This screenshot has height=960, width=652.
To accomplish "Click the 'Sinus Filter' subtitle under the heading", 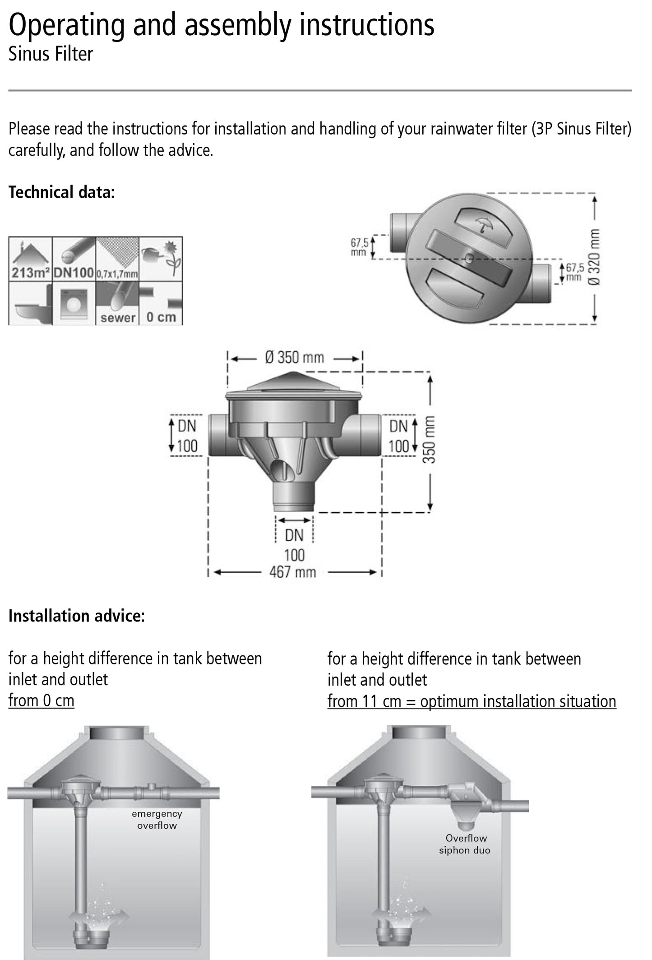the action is pyautogui.click(x=51, y=54).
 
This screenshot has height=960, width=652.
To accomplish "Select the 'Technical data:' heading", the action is pyautogui.click(x=62, y=192).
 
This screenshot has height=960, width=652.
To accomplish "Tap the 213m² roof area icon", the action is pyautogui.click(x=30, y=259).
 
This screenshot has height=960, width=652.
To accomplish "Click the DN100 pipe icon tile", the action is pyautogui.click(x=74, y=259).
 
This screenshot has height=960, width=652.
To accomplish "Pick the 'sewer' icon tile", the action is pyautogui.click(x=117, y=303).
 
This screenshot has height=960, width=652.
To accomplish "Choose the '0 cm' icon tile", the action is pyautogui.click(x=161, y=303).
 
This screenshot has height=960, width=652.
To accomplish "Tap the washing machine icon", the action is pyautogui.click(x=74, y=303).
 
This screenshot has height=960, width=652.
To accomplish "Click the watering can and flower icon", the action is pyautogui.click(x=161, y=259).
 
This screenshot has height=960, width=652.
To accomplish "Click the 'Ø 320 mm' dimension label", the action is pyautogui.click(x=594, y=257).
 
